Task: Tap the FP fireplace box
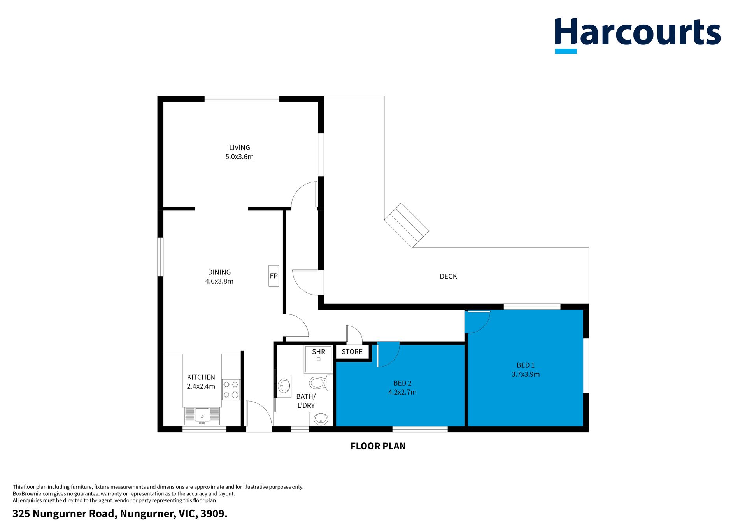coord(274,276)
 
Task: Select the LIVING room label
coord(240,148)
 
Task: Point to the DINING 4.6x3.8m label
coord(219,277)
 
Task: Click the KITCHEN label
coord(201,377)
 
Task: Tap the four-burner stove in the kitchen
coord(231,390)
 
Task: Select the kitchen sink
coord(202,416)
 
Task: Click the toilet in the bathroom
coord(321,383)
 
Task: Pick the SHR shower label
coord(319,352)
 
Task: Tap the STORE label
coord(352,352)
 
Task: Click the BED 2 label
coord(402,383)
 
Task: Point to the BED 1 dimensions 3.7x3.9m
coord(526,374)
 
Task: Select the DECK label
coord(448,276)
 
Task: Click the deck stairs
coord(407,225)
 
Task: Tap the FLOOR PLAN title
coord(378,446)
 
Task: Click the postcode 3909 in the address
coord(213,514)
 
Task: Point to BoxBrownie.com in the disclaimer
coord(33,494)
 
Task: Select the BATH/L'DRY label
coord(306,401)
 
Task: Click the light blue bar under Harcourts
coord(566,51)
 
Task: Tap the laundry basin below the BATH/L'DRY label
coord(321,419)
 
